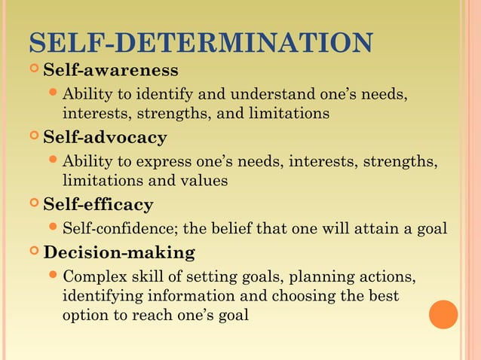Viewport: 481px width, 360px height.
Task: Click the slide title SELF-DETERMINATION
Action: point(200,42)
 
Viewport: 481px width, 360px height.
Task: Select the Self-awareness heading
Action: point(111,71)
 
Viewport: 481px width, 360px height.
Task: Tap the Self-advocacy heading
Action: point(105,138)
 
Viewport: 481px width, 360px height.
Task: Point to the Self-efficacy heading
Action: point(98,204)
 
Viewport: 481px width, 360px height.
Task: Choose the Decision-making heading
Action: point(119,252)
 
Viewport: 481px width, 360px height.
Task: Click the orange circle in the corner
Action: point(443,314)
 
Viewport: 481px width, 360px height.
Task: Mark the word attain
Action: point(372,228)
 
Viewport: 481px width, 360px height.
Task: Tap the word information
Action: point(185,295)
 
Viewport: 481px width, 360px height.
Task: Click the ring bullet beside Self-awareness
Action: point(32,71)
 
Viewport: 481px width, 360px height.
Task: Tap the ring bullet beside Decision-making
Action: point(32,252)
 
